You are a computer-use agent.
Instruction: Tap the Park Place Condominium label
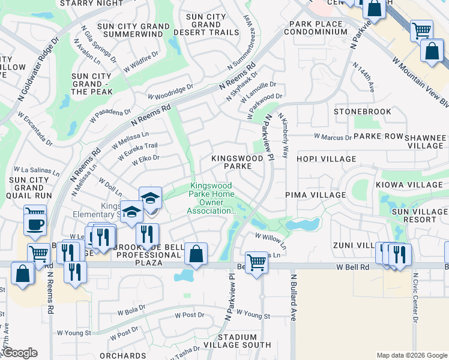click(317, 28)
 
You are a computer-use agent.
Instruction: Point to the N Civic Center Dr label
click(415, 298)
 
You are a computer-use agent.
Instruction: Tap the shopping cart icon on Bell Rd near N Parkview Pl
click(256, 262)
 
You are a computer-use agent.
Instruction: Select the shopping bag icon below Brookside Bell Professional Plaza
click(196, 253)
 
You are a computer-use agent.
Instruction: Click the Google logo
click(20, 353)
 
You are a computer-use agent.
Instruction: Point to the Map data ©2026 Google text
click(411, 355)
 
